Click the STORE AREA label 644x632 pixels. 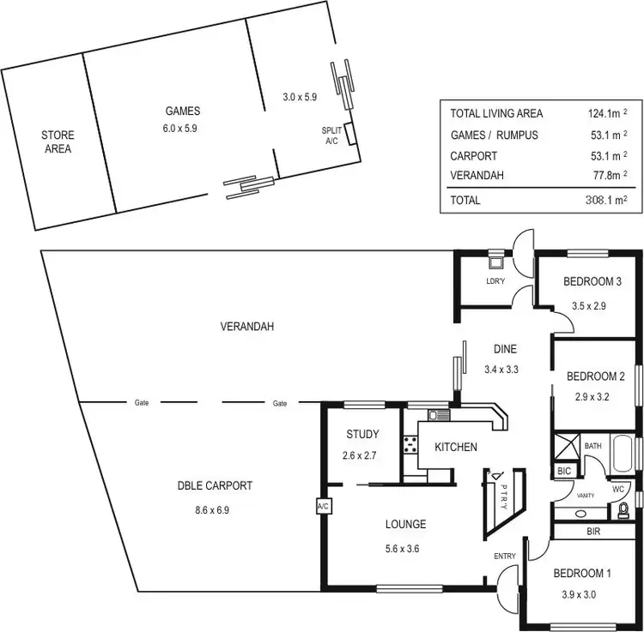click(58, 141)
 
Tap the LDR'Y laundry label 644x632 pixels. click(495, 281)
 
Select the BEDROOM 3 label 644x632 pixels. click(592, 282)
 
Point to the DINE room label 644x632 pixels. click(504, 349)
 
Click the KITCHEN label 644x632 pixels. click(456, 447)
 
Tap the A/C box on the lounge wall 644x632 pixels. click(323, 506)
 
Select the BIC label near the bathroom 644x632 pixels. click(564, 471)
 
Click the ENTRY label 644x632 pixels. click(505, 556)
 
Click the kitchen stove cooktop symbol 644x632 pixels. click(410, 445)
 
